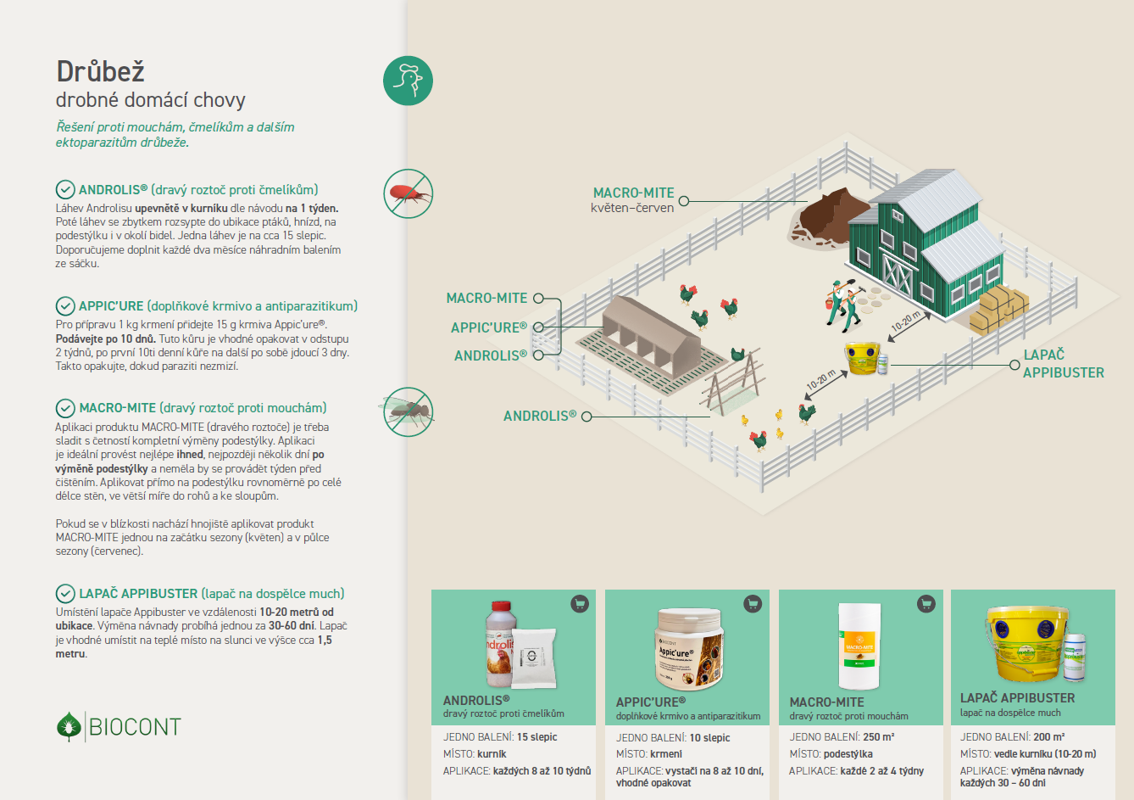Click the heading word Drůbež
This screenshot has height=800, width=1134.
[x=100, y=71]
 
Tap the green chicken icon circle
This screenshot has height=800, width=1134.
[x=408, y=81]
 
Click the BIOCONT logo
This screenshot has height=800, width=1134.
[x=119, y=727]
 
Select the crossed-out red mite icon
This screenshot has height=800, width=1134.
[x=408, y=193]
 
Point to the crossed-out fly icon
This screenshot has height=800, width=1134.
[x=408, y=412]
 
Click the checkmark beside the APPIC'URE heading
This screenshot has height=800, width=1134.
[x=64, y=306]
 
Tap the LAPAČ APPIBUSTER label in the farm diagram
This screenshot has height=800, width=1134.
[x=1063, y=364]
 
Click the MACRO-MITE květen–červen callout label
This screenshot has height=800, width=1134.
[x=633, y=200]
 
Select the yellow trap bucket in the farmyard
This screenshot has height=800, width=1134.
[x=862, y=358]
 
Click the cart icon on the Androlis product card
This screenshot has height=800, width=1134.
[x=580, y=604]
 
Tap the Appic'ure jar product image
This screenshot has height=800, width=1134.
[x=690, y=648]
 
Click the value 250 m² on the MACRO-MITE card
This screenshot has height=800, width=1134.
[x=878, y=737]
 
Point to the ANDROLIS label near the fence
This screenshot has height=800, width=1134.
[x=539, y=417]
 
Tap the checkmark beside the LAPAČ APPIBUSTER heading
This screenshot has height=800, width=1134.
[x=64, y=594]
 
